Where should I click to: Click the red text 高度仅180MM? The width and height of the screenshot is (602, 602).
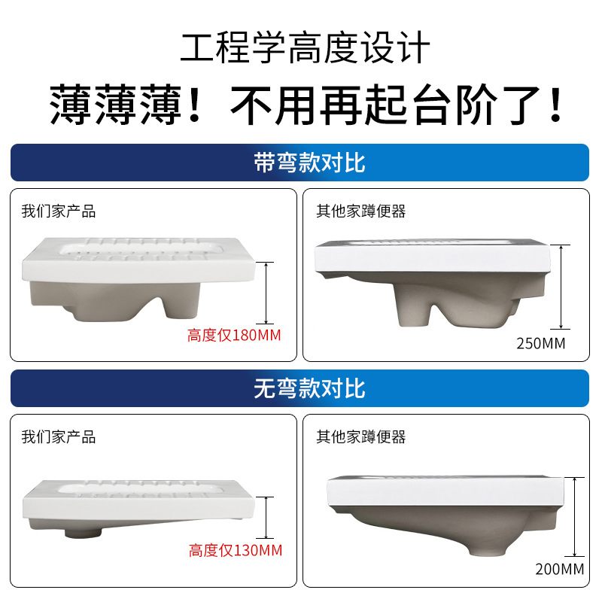pyautogui.click(x=234, y=335)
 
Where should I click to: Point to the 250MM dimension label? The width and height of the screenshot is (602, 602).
pyautogui.click(x=540, y=344)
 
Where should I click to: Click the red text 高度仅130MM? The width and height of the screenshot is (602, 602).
pyautogui.click(x=236, y=550)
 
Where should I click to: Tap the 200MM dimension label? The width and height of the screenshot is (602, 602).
pyautogui.click(x=560, y=569)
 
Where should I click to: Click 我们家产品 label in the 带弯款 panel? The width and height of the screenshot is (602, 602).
pyautogui.click(x=59, y=211)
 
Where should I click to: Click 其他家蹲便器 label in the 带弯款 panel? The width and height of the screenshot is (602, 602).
pyautogui.click(x=360, y=211)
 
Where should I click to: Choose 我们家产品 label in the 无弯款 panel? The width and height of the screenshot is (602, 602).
pyautogui.click(x=59, y=436)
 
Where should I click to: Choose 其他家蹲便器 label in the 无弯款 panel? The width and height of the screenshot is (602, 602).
pyautogui.click(x=360, y=436)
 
